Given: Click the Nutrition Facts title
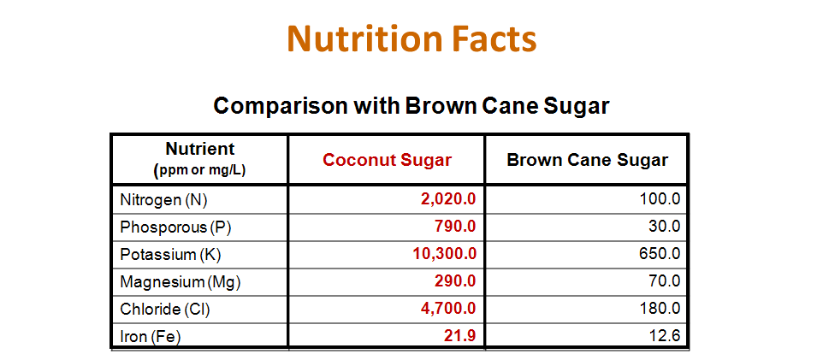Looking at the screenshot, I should (x=411, y=39).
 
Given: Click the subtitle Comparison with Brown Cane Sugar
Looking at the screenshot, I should (x=411, y=105).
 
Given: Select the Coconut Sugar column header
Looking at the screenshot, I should (x=387, y=160).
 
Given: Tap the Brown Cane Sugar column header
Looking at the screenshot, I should (x=587, y=160).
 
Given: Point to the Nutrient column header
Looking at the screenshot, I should (x=199, y=149).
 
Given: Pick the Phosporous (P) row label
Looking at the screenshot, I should (x=175, y=227).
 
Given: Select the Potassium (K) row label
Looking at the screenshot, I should (x=169, y=254).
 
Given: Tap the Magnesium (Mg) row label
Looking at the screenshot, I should (x=174, y=281).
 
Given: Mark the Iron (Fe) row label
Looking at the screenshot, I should (x=151, y=336).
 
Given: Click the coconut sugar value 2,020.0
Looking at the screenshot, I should (x=447, y=200).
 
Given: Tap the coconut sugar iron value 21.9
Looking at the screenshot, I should (x=459, y=336).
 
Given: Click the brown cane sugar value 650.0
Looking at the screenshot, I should (x=660, y=254).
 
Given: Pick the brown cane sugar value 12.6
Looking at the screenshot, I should (x=664, y=336).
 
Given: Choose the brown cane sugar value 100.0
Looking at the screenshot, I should (x=660, y=200).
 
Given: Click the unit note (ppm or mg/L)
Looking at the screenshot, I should (x=199, y=169).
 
